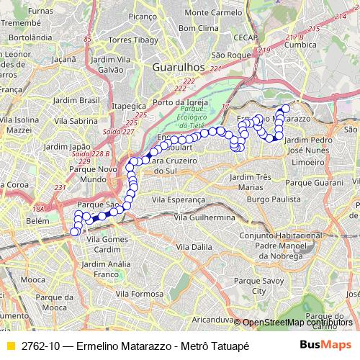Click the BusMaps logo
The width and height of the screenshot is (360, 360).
click(326, 345)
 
